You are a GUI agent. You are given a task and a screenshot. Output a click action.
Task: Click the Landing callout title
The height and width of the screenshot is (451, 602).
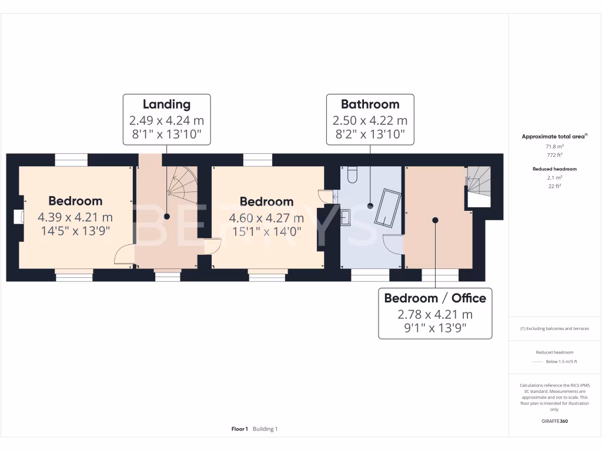[x=166, y=105]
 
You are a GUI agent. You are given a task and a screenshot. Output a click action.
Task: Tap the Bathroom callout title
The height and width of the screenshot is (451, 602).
[x=370, y=105]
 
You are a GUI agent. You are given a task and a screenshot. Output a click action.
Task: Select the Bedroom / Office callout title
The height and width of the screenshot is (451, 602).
[x=435, y=298]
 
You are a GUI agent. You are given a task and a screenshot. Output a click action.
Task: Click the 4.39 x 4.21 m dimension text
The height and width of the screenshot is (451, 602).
[x=75, y=217]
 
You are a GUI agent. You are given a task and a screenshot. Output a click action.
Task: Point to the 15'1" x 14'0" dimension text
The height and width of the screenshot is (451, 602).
[x=266, y=231]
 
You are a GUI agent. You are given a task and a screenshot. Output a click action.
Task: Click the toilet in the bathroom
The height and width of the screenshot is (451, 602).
[x=353, y=174]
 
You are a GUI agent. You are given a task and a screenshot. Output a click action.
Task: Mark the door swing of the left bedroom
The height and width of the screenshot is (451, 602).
[x=123, y=255]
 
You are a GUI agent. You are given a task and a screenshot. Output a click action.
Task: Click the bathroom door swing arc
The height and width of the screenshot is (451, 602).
[x=393, y=244]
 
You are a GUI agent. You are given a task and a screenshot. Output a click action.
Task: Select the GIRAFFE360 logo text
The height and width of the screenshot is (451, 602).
[x=554, y=421]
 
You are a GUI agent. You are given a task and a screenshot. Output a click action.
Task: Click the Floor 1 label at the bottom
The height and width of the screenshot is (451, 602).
[x=240, y=429]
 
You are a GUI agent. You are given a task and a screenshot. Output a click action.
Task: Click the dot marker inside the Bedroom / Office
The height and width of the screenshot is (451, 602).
[x=435, y=220]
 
